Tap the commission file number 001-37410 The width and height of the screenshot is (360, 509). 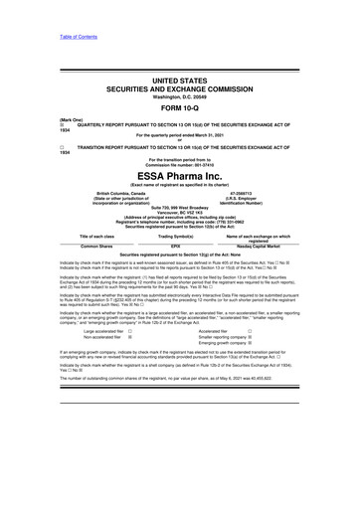195,162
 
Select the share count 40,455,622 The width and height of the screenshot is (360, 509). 275,434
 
